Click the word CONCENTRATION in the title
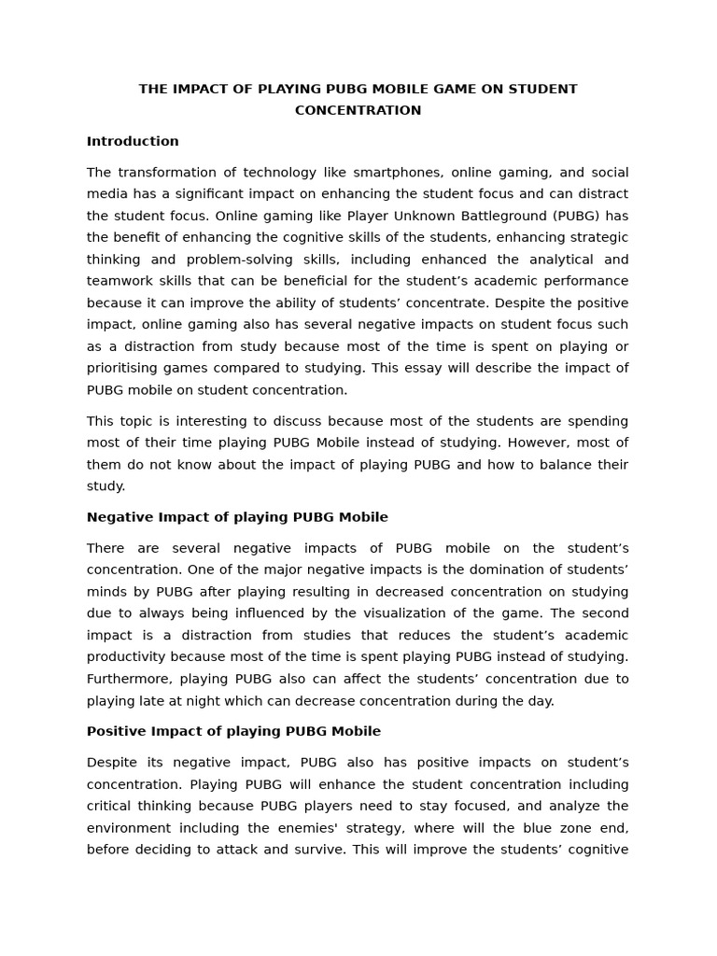click(358, 110)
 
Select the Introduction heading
click(133, 141)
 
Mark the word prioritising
click(126, 368)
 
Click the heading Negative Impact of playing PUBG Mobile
click(237, 517)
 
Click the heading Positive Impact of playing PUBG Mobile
click(233, 731)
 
